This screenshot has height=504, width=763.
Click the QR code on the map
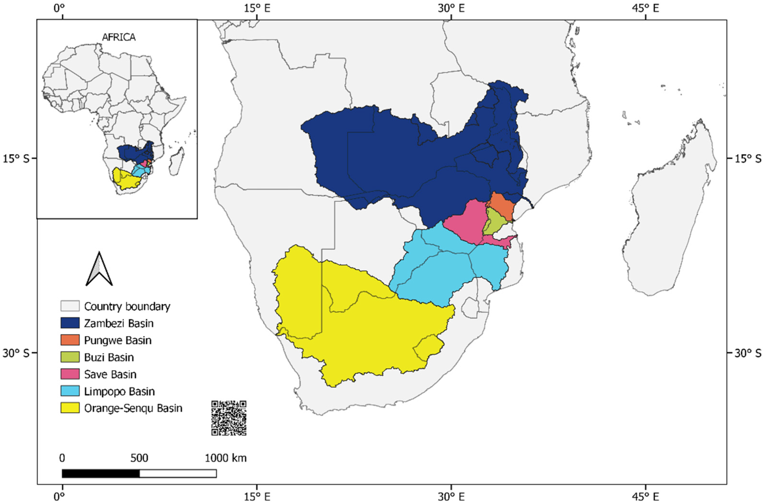(229, 418)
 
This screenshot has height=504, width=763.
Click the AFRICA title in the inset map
(119, 37)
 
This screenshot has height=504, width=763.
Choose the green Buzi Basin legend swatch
(70, 357)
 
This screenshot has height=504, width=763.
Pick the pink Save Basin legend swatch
(70, 374)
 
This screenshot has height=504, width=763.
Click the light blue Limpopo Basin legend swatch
(70, 391)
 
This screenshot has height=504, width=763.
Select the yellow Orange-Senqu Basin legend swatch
(70, 408)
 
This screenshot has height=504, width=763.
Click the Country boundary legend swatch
(70, 306)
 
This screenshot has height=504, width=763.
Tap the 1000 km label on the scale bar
(226, 458)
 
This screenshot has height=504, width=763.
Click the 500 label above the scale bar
(139, 458)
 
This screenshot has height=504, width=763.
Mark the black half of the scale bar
(101, 473)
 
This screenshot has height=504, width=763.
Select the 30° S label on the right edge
(748, 353)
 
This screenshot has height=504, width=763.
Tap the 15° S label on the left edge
(16, 159)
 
